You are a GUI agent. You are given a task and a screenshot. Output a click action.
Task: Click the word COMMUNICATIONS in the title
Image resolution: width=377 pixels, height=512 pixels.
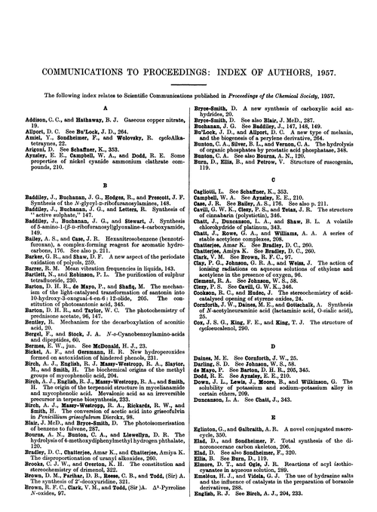[x=72, y=31]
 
